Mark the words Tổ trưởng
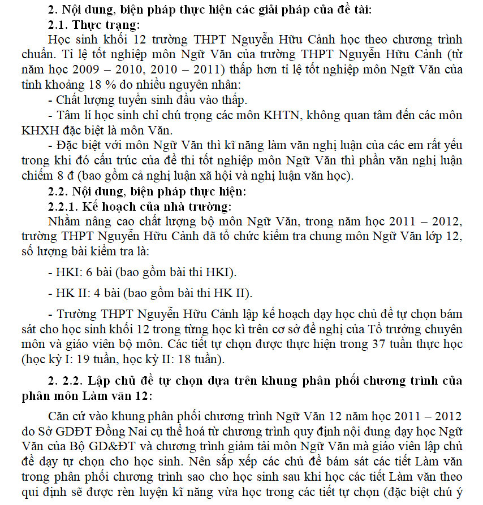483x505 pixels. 391,329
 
